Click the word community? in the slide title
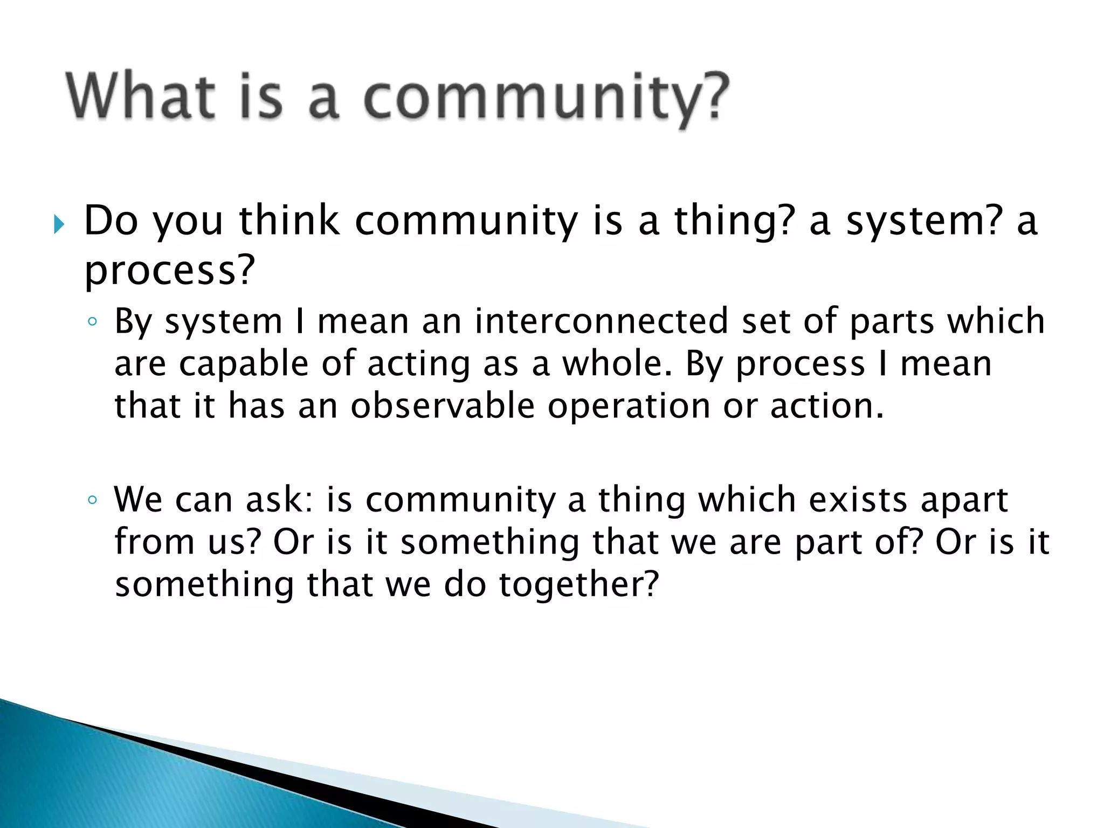[546, 100]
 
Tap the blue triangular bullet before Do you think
[59, 224]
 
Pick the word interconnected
[602, 321]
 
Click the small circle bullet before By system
[92, 322]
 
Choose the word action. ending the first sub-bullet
[827, 405]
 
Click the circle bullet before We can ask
[92, 500]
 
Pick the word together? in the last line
[579, 585]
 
